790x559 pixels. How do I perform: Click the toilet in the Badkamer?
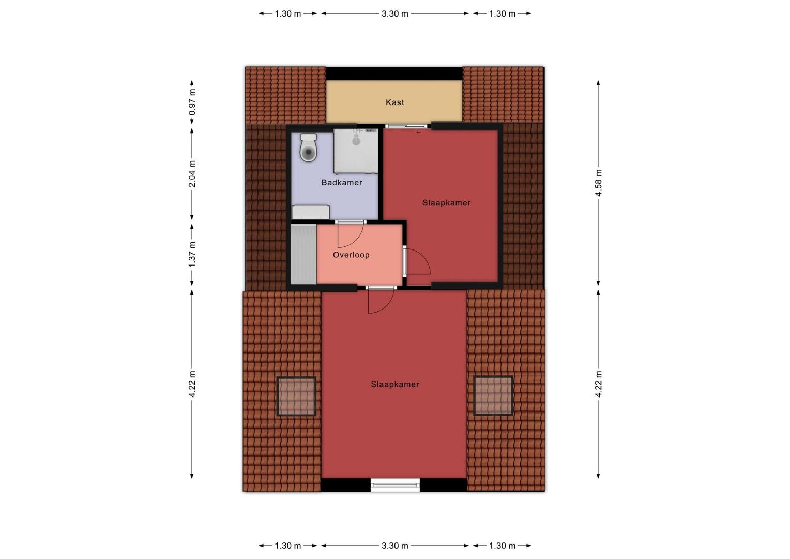[x=309, y=148]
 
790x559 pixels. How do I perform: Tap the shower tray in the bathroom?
[x=356, y=151]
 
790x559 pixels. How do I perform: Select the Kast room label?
[x=394, y=102]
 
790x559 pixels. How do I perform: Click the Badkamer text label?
[x=342, y=183]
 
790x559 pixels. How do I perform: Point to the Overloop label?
[x=351, y=255]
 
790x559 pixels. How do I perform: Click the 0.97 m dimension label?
[x=192, y=102]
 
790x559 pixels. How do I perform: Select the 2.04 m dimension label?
[x=192, y=174]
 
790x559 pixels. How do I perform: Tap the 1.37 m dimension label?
[x=192, y=255]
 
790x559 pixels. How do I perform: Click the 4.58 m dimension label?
[x=599, y=183]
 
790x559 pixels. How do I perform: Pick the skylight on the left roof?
[x=296, y=396]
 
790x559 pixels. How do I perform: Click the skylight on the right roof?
[x=493, y=396]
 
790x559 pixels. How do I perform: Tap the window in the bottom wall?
[x=396, y=485]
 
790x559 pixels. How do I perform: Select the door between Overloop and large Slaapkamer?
[x=381, y=300]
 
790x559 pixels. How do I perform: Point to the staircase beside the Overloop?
[x=303, y=254]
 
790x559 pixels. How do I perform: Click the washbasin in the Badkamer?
[x=311, y=213]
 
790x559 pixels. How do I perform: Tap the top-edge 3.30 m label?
[x=394, y=14]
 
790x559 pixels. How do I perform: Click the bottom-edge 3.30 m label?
[x=394, y=546]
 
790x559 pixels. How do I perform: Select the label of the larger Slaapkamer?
[x=395, y=384]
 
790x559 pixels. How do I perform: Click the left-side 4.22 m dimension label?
[x=192, y=384]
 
